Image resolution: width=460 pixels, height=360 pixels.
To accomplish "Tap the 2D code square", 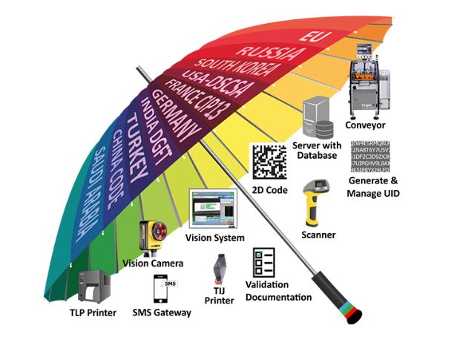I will tap(268, 160).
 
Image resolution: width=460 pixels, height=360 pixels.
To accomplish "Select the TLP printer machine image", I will tap(94, 289).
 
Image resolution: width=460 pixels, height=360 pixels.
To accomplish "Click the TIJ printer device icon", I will tap(220, 268).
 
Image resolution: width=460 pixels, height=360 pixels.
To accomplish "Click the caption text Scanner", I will tap(319, 235).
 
